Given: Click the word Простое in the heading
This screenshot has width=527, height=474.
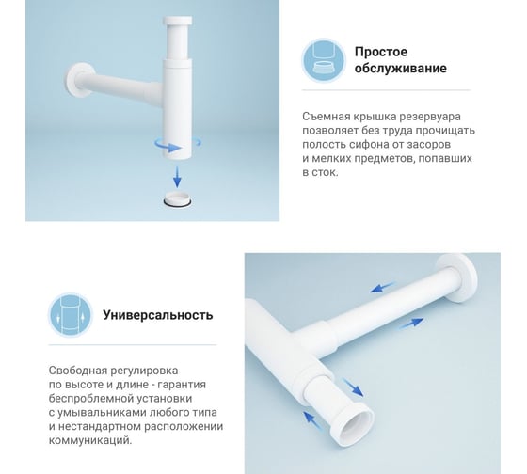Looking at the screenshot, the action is [x=381, y=52].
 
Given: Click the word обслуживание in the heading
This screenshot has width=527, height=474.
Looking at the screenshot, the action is [x=401, y=69].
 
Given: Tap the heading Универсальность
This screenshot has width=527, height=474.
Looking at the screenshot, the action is [x=158, y=315].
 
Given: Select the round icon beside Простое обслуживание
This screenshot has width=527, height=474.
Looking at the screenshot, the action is [x=324, y=60].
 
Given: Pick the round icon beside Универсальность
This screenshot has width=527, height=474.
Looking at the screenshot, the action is [x=71, y=315].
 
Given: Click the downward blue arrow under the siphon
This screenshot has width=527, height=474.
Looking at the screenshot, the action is [x=177, y=176].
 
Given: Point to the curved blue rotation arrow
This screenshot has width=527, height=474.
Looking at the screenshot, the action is [x=177, y=146].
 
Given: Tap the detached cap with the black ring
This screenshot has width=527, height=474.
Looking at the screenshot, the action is [x=178, y=198].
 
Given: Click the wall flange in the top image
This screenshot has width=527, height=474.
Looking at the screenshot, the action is [x=78, y=81].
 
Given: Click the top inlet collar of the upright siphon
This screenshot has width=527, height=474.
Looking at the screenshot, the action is [x=178, y=21].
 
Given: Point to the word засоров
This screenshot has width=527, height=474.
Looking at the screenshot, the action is [x=428, y=144].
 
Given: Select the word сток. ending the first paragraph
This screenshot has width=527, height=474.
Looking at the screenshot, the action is [x=325, y=172].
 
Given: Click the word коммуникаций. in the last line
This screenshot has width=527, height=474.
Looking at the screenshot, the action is [x=90, y=440].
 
